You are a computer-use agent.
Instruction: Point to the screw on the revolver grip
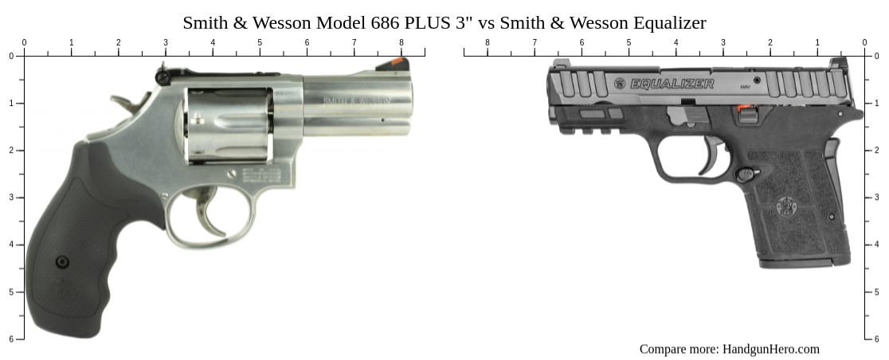point(62,262)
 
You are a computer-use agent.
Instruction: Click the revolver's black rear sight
point(162,76)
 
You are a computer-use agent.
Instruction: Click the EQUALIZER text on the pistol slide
point(672,84)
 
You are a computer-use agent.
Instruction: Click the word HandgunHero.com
point(770,349)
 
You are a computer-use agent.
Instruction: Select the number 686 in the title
point(386,22)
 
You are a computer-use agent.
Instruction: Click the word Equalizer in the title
point(668,22)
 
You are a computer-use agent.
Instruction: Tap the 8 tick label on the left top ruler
point(401,43)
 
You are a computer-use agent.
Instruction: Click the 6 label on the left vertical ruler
point(11,339)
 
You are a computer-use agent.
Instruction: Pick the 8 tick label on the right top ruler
point(488,43)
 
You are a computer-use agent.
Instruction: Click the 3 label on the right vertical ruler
point(877,198)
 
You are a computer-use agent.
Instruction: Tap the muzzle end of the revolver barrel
point(411,104)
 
